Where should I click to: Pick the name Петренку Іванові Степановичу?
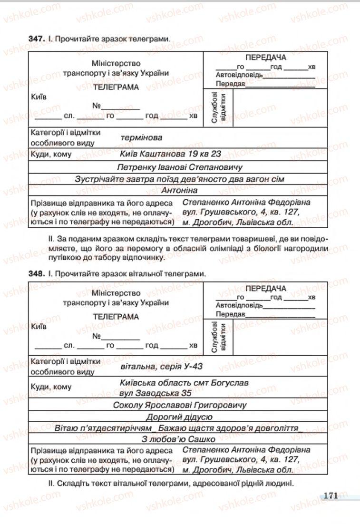[179, 167]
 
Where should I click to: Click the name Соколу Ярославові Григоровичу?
[180, 405]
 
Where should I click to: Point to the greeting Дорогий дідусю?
[180, 417]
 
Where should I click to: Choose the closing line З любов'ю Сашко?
[179, 439]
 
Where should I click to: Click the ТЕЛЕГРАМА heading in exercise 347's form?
[116, 87]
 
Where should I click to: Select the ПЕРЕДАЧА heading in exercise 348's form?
[266, 289]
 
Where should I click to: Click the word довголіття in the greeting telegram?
[276, 427]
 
